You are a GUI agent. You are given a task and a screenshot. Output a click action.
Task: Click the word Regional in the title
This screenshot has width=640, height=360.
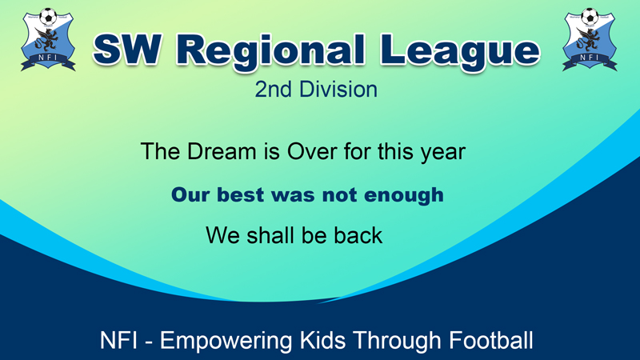270,51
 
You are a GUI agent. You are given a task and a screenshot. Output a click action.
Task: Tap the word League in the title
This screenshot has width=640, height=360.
460,51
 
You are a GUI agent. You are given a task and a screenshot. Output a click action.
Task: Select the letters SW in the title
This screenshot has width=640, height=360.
126,50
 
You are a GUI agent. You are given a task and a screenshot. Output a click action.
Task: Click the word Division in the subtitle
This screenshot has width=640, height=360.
338,90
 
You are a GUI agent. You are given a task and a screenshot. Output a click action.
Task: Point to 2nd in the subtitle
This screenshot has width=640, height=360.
273,90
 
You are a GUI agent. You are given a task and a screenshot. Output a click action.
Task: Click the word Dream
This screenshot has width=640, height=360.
222,151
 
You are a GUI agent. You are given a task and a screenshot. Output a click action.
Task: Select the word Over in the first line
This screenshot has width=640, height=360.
313,151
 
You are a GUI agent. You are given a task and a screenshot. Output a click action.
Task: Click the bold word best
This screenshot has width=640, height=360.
240,194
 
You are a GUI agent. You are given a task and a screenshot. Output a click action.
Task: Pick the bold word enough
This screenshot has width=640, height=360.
404,195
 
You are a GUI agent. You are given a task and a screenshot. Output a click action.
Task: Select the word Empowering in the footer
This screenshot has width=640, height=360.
226,341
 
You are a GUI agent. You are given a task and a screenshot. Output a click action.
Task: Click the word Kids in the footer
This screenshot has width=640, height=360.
323,340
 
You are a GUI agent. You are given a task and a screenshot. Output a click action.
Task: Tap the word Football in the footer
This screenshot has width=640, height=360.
491,340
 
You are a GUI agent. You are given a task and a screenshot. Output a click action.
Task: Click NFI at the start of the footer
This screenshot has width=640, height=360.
118,340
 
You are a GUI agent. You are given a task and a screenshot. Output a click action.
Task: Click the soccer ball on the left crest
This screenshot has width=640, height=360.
48,16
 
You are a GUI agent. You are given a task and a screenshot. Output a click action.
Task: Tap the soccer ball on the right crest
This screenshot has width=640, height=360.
590,16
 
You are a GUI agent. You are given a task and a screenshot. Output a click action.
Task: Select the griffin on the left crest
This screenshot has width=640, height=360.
46,39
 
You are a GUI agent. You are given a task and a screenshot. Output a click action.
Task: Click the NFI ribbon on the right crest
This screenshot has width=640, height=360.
590,61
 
